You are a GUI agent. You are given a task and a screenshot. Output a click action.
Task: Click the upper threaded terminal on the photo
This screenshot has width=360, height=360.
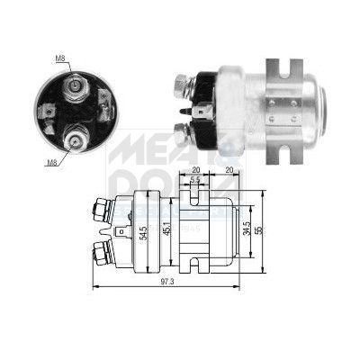[x=181, y=87]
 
